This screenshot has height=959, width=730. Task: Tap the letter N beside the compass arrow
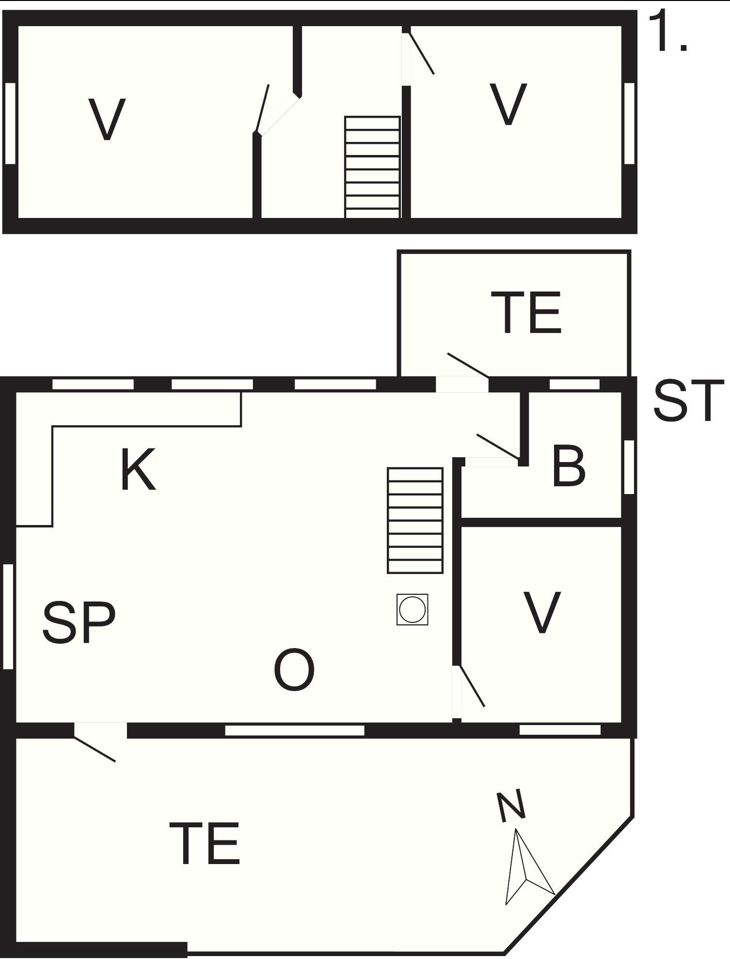(x=511, y=806)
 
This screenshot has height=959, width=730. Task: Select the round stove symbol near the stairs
(x=413, y=609)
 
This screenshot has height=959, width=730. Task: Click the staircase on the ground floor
(x=415, y=521)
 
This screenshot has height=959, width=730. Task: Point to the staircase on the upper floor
(x=372, y=167)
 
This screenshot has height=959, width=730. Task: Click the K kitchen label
(x=138, y=469)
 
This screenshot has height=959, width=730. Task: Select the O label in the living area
(x=294, y=670)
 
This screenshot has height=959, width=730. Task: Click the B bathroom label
(x=569, y=466)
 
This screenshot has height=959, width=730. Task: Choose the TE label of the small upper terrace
(x=526, y=313)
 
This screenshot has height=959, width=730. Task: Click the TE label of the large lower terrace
(x=205, y=843)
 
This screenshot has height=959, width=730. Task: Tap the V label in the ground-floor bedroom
(x=542, y=612)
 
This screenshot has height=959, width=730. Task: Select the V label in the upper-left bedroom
(x=108, y=119)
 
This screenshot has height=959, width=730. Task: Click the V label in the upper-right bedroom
(x=508, y=104)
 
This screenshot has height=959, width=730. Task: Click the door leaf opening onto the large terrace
(x=95, y=749)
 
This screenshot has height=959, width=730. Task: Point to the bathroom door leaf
(x=498, y=446)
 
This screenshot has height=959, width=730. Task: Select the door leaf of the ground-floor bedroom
(x=472, y=686)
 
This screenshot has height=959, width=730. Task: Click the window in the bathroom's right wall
(x=629, y=467)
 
